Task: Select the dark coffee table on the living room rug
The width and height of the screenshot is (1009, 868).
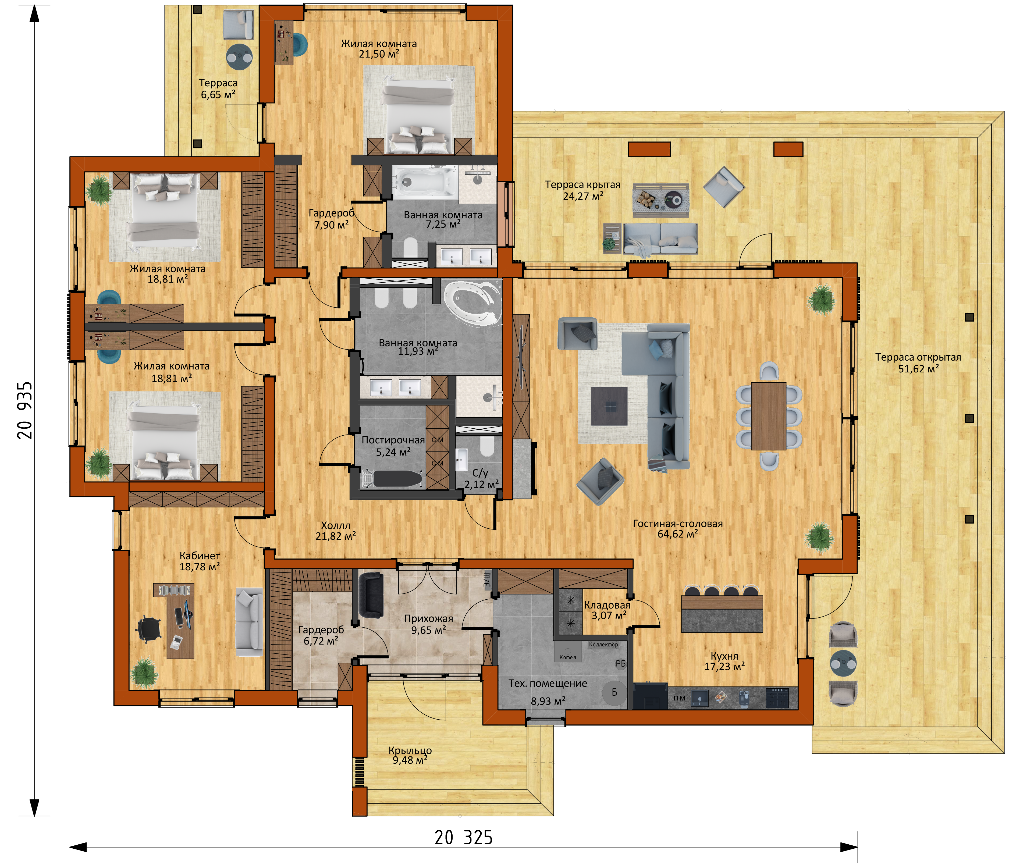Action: click(x=609, y=406)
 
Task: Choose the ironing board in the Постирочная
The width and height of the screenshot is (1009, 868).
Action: click(x=393, y=479)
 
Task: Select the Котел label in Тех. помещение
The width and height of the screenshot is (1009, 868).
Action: click(x=568, y=657)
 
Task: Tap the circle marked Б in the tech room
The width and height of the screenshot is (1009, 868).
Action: click(x=614, y=692)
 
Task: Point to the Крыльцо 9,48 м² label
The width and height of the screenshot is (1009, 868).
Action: click(x=410, y=755)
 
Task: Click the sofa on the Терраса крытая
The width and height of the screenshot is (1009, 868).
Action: click(x=661, y=239)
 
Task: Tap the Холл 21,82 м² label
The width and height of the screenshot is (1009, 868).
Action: click(x=336, y=531)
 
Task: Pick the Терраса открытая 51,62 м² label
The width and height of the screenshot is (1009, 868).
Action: click(x=918, y=363)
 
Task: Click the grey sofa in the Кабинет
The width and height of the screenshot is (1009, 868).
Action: click(x=249, y=622)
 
